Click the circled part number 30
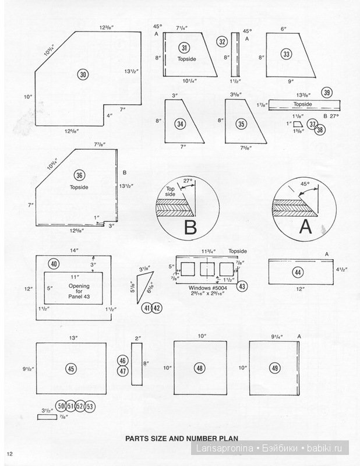click(x=83, y=75)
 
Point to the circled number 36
click(x=80, y=175)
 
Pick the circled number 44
click(x=297, y=273)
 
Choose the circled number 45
click(x=70, y=369)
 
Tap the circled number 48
click(x=199, y=368)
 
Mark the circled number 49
click(x=274, y=368)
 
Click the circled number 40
click(x=54, y=264)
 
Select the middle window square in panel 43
click(x=207, y=269)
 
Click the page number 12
click(x=10, y=454)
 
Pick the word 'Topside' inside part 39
click(x=302, y=104)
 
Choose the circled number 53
click(x=90, y=406)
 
